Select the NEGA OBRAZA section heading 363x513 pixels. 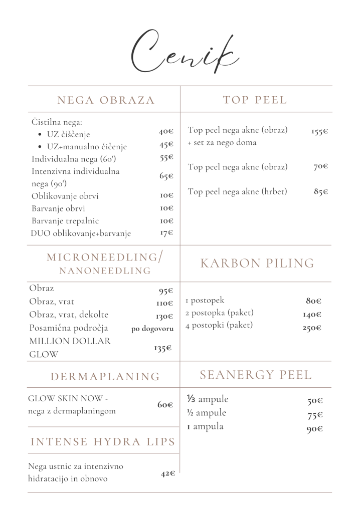pos(106,100)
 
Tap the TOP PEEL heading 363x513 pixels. pos(255,100)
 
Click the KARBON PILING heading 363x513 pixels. pos(257,264)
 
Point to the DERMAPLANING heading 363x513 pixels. pos(105,377)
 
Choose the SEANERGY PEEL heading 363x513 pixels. pos(256,375)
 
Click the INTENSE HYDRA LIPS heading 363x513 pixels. pos(103,442)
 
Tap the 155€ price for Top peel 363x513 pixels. pos(319,132)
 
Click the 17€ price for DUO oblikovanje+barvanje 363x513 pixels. pos(166,233)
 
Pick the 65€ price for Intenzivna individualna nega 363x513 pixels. pos(166,176)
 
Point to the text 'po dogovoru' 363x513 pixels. pos(152,329)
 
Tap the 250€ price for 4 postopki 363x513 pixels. pos(311,329)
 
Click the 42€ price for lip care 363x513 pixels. pos(168,473)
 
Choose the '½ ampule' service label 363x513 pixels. pos(206,413)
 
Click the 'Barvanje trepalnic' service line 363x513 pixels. pos(65,221)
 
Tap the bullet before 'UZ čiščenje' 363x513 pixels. pos(40,135)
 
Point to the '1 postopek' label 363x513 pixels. pos(205,301)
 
